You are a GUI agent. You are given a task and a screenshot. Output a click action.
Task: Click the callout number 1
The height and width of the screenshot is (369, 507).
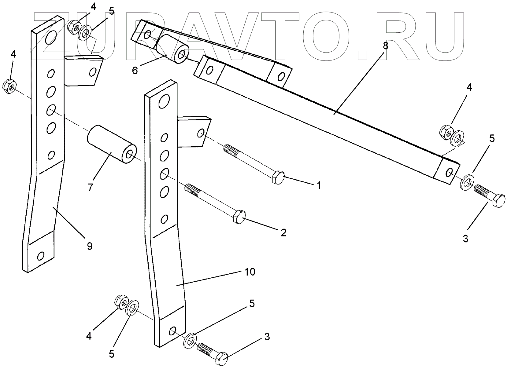(x=319, y=185)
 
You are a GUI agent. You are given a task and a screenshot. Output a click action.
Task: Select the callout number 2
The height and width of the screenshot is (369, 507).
(x=283, y=233)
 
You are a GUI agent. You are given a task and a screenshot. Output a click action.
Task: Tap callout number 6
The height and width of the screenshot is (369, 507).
(x=135, y=70)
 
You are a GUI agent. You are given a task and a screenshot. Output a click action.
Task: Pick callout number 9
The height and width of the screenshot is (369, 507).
(x=89, y=246)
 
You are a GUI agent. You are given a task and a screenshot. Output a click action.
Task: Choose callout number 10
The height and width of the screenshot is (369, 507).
(x=250, y=272)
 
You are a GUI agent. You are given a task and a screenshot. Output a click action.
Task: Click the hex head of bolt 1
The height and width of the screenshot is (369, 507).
(x=278, y=177)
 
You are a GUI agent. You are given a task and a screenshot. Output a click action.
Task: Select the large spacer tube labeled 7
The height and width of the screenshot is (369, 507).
(x=112, y=144)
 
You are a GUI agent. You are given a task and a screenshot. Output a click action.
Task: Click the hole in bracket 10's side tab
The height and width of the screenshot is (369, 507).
(x=201, y=133)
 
